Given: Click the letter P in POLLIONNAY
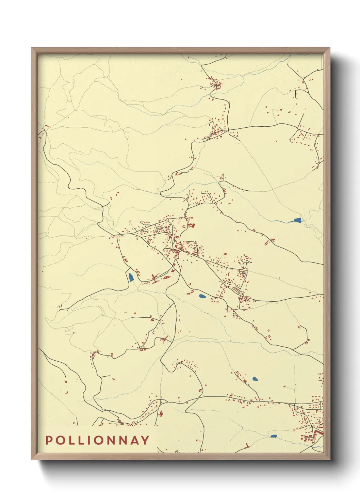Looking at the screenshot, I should point(49,440).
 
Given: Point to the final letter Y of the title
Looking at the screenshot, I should point(145,440).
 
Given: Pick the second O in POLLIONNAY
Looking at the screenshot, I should point(98,440).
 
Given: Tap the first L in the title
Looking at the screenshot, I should point(71,440).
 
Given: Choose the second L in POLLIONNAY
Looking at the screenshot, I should point(81,440).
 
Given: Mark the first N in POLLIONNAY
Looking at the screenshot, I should point(111,440).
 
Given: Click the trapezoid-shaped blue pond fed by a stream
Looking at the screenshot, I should point(298,220).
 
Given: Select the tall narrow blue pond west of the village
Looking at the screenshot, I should point(131,277).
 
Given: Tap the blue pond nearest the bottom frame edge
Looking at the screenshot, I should point(274,436).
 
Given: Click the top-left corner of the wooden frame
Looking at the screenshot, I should point(31,48).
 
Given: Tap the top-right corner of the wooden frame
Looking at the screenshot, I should point(330,48).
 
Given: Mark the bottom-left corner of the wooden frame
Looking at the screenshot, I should point(31,459).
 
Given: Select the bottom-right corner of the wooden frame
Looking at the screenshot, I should point(330,459).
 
